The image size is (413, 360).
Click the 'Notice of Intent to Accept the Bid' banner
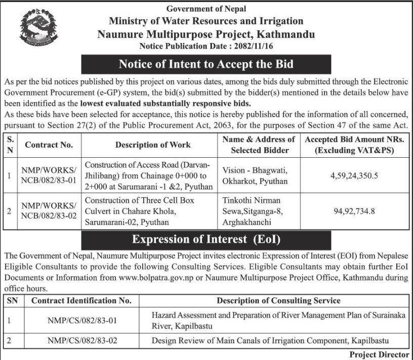(x=206, y=65)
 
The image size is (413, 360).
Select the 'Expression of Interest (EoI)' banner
(x=206, y=239)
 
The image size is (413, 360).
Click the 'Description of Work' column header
(x=153, y=145)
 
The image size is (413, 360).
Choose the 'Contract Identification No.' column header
(x=81, y=300)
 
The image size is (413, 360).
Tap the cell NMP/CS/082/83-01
(x=81, y=320)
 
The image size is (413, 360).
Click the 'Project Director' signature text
(x=379, y=354)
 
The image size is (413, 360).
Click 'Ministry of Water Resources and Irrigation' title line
(x=206, y=21)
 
